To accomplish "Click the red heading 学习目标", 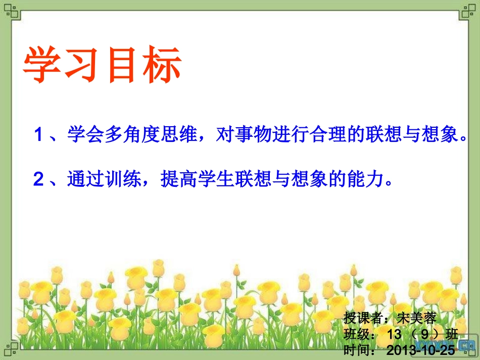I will pyautogui.click(x=103, y=66).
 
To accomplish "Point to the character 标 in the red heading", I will pyautogui.click(x=161, y=66).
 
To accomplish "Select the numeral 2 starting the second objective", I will pyautogui.click(x=38, y=180).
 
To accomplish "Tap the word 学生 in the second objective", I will pyautogui.click(x=213, y=179).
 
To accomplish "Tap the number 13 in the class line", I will pyautogui.click(x=393, y=334).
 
